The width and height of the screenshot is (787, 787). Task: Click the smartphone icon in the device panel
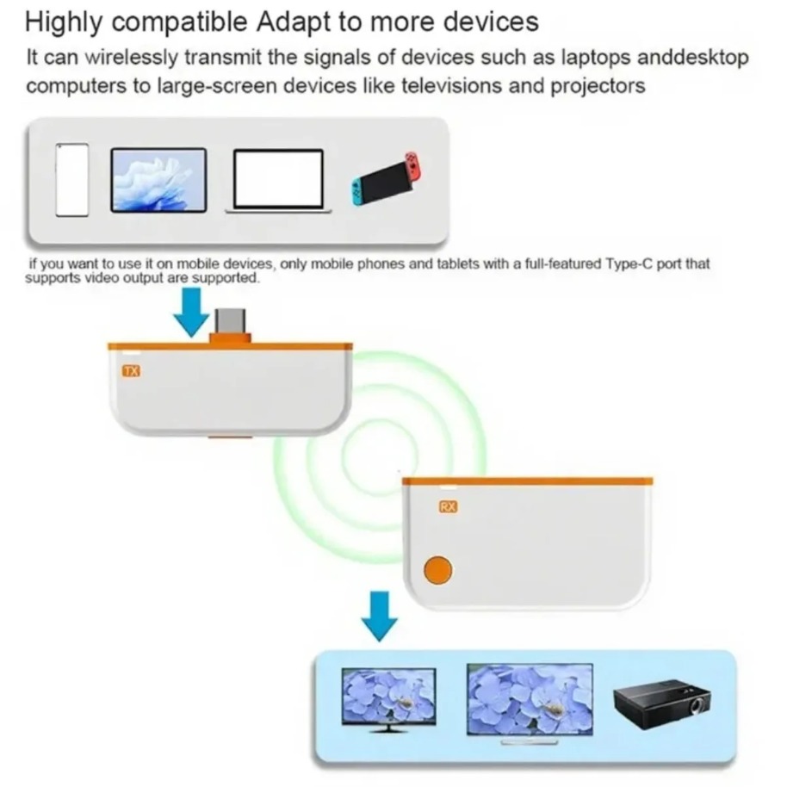point(72,180)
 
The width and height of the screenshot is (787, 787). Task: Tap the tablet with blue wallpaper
point(158,180)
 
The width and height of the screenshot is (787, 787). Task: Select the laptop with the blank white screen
point(278,180)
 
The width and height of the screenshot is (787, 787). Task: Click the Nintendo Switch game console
point(385,179)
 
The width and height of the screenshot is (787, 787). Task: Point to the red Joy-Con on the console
point(413,166)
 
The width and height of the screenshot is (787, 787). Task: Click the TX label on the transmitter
point(132,372)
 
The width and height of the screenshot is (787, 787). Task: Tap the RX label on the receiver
point(448,507)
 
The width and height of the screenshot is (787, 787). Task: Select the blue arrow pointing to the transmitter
point(191,311)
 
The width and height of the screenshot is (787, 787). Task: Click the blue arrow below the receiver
point(380,615)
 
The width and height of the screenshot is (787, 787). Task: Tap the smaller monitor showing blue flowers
point(387,697)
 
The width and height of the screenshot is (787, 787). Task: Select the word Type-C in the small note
point(621,264)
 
